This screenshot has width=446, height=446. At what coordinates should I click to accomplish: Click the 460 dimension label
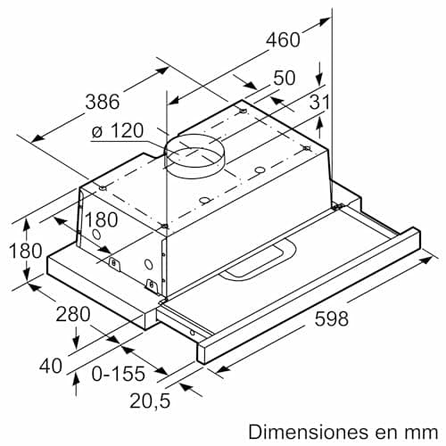(284, 40)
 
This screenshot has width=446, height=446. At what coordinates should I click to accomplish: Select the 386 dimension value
(102, 101)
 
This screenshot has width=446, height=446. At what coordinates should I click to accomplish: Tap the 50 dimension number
(284, 78)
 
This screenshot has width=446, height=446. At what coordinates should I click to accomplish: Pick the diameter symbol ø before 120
(97, 133)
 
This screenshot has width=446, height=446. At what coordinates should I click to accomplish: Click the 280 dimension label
(73, 313)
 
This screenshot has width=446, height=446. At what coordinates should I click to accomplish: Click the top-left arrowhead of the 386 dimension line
(33, 137)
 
